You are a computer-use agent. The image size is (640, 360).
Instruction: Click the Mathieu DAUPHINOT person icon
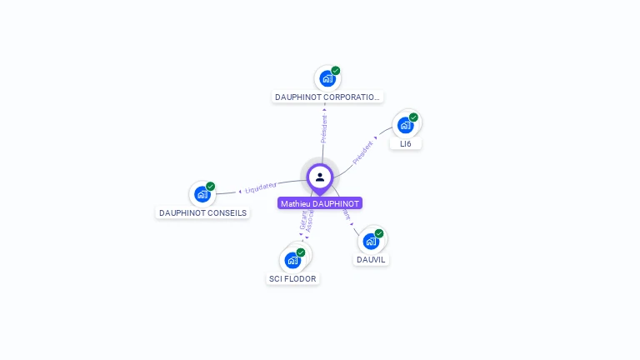[x=320, y=177]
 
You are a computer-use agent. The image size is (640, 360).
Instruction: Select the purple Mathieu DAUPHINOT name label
[x=320, y=203]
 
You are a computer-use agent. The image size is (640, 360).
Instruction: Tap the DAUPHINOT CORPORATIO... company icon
[x=327, y=78]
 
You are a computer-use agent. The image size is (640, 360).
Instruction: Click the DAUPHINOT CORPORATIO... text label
[x=327, y=97]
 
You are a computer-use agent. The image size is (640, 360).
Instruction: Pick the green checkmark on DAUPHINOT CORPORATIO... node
[x=336, y=71]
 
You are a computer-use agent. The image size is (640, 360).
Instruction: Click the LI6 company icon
[x=405, y=125]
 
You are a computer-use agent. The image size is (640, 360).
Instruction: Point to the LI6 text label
[x=406, y=143]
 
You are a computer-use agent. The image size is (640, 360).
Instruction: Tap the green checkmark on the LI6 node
[x=413, y=117]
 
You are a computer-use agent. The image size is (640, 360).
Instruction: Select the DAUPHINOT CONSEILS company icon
[x=202, y=194]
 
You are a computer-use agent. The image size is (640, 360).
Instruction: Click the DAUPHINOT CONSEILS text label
[x=202, y=212]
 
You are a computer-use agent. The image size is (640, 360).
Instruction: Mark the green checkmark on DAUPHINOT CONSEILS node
[x=210, y=187]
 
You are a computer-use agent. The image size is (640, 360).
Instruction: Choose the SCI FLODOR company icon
[x=292, y=260]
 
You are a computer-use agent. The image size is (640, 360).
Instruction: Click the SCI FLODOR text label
[x=292, y=278]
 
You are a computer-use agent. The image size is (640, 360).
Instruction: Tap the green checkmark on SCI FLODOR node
[x=301, y=252]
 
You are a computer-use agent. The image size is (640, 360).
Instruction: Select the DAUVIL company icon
[x=371, y=241]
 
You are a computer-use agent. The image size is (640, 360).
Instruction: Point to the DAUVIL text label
[x=372, y=259]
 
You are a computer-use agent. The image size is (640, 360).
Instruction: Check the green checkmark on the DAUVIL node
[x=379, y=233]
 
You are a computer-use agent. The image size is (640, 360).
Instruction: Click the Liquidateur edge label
[x=261, y=187]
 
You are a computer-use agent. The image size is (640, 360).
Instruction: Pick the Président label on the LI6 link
[x=363, y=151]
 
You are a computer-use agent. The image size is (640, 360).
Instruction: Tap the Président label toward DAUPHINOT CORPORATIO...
[x=324, y=127]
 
